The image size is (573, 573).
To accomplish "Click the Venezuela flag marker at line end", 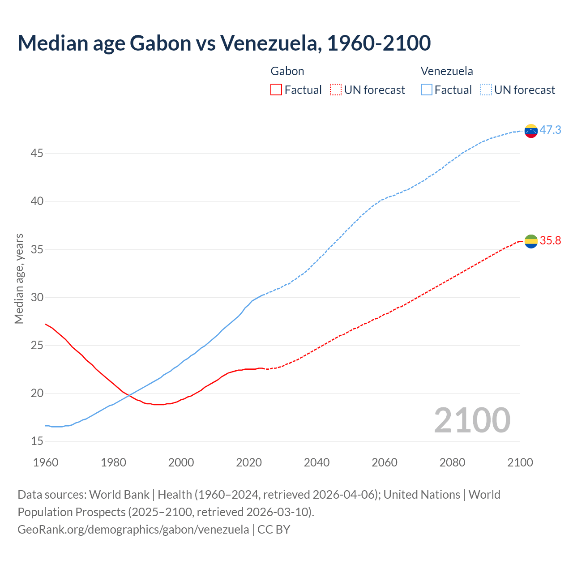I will [x=531, y=131].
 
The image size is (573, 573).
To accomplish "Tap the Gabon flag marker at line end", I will [x=531, y=241].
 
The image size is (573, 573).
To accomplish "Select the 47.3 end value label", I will [x=550, y=130].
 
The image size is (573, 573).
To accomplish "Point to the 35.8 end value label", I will [x=550, y=241].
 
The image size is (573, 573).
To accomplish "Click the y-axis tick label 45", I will [x=37, y=154].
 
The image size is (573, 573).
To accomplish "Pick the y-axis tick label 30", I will [x=37, y=298].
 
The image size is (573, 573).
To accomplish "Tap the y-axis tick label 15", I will [x=37, y=441].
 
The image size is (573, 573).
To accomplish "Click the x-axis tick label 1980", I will [x=113, y=462].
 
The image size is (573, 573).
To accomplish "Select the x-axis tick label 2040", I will [x=316, y=462].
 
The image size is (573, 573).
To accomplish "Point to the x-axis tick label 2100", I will [x=520, y=462].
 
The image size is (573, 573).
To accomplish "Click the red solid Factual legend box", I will [x=276, y=90].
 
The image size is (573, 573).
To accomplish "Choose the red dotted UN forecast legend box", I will [x=336, y=90].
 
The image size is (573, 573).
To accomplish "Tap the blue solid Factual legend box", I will [x=427, y=90].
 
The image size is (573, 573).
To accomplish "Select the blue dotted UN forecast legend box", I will [x=486, y=90].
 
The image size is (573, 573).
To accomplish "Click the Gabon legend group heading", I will [x=287, y=71].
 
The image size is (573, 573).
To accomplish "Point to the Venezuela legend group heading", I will [x=447, y=71].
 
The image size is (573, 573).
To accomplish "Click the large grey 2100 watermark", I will [x=472, y=420].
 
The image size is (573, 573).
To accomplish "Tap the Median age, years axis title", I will [x=19, y=278].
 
